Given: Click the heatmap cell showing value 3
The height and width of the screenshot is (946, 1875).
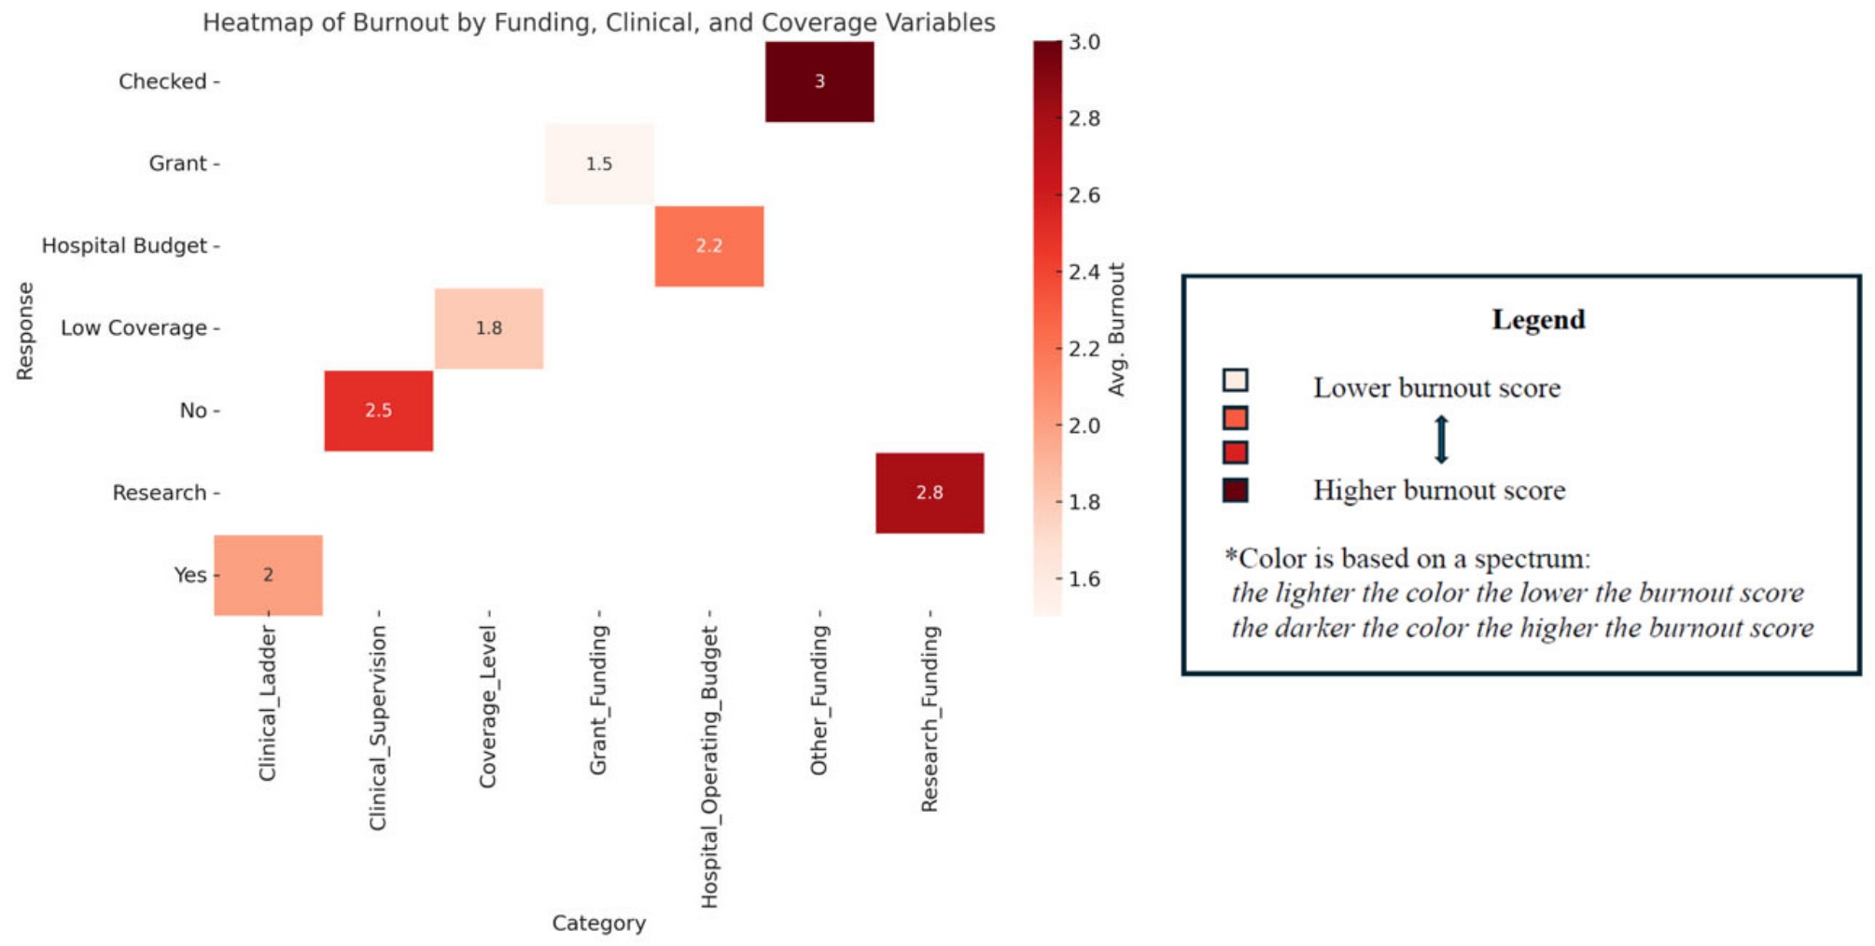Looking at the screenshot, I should tap(819, 81).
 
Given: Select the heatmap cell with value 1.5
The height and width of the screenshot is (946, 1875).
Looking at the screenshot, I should tap(599, 163).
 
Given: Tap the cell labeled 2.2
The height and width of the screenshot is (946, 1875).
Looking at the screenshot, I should tap(709, 246).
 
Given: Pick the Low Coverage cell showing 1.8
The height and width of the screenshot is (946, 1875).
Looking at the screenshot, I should tap(489, 328).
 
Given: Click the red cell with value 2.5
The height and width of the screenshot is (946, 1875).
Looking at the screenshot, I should tap(379, 410).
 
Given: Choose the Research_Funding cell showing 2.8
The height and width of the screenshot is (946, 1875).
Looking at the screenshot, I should tap(930, 493).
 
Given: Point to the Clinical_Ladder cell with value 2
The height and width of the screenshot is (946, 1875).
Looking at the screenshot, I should tap(269, 575).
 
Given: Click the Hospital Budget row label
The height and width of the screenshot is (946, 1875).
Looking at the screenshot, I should tap(124, 245).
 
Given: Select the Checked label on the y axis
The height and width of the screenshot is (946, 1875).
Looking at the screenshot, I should tap(162, 81).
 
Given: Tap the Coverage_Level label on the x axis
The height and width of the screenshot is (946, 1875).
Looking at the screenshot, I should tap(487, 707).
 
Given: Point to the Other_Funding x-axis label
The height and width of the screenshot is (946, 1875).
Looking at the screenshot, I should tap(819, 700).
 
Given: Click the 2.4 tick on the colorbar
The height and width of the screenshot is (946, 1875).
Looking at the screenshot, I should tap(1084, 272).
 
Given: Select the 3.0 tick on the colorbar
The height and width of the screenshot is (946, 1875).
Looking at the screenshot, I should tap(1084, 42).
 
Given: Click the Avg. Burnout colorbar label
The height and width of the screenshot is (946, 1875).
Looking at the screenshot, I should tap(1117, 329).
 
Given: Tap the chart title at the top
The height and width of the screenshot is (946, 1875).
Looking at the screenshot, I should tap(599, 22).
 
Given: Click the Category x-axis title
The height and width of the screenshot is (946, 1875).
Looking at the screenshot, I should tap(599, 923).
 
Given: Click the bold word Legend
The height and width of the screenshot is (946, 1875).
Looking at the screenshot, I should tap(1538, 319).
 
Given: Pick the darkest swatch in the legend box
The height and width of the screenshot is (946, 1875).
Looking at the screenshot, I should tap(1235, 490).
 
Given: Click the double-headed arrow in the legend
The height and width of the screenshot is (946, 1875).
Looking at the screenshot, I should tap(1441, 439).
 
